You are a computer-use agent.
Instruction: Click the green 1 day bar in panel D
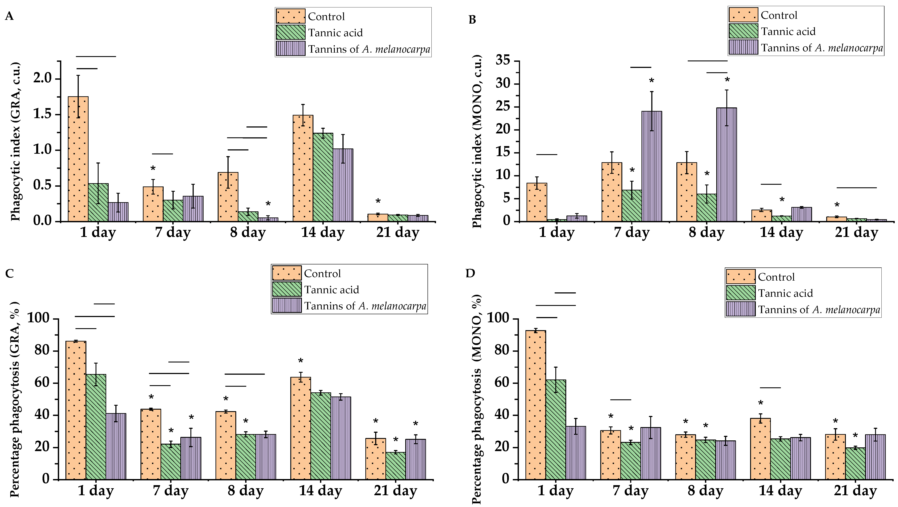(556, 429)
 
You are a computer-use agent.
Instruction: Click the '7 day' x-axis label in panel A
(173, 232)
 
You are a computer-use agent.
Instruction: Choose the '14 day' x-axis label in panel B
(781, 232)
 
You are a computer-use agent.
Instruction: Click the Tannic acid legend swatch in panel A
(290, 33)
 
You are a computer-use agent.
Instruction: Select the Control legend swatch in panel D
(741, 277)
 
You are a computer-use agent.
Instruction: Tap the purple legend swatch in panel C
(287, 306)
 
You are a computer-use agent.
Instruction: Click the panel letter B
(472, 19)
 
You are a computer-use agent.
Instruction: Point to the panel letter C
(9, 273)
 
